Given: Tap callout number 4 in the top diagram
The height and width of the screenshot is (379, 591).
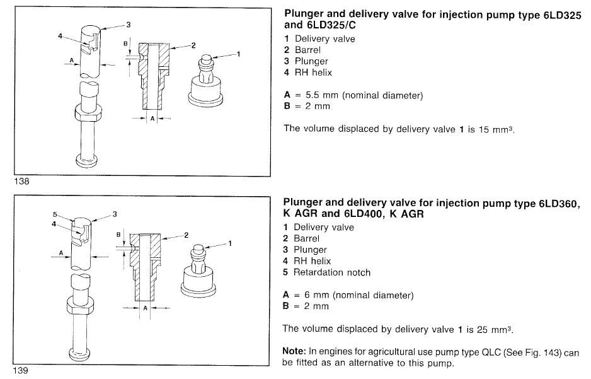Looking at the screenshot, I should [60, 37].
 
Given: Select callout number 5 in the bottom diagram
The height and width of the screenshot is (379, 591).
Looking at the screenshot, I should [55, 214].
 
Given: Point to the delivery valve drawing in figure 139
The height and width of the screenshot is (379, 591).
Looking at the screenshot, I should [201, 271].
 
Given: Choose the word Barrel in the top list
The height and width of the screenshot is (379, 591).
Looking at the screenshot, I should [307, 50].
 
